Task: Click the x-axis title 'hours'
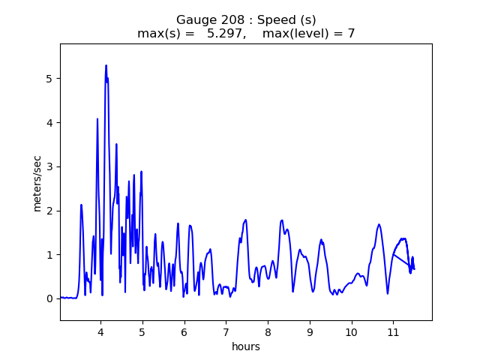tap(246, 347)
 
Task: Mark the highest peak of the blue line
tap(106, 65)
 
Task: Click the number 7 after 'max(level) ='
tap(351, 34)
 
